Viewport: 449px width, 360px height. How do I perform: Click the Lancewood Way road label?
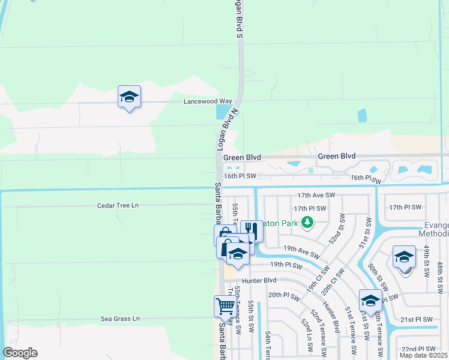click(208, 101)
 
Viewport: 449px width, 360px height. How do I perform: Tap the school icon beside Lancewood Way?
click(129, 97)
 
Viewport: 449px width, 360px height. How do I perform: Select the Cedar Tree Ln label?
click(118, 205)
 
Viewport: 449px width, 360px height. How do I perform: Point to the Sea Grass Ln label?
click(120, 319)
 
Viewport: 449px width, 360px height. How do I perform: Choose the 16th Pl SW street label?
click(240, 176)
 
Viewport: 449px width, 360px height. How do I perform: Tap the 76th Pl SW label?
click(366, 178)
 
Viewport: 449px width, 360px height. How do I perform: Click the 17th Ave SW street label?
click(316, 196)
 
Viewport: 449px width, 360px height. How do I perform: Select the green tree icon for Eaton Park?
click(307, 223)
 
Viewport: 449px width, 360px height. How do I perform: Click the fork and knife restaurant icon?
click(252, 230)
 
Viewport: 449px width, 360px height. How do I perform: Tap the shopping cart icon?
click(225, 306)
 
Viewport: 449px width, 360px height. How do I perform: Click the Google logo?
click(20, 353)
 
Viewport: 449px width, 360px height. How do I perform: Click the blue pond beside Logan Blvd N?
click(223, 112)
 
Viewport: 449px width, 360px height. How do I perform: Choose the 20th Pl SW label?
click(283, 295)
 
